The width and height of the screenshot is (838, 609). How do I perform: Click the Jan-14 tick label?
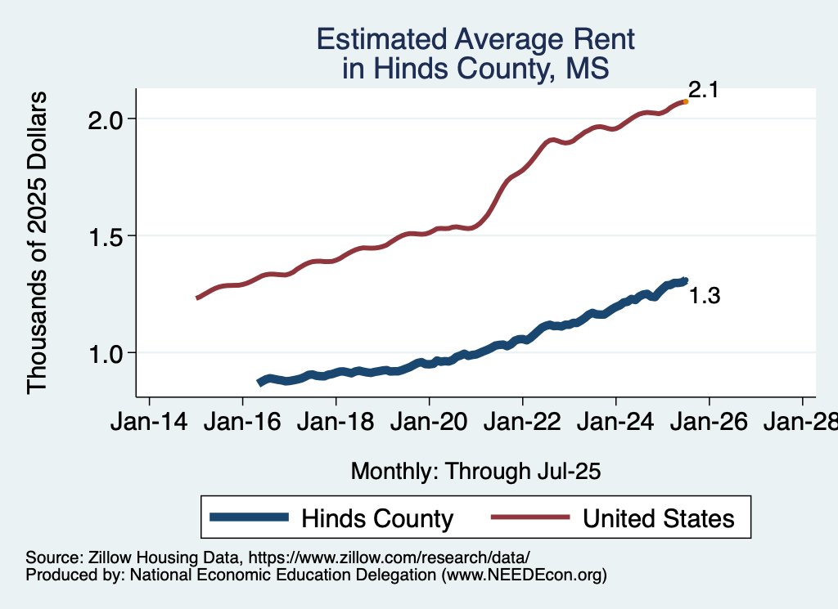tap(148, 423)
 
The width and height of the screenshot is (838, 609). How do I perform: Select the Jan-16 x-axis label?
tap(241, 423)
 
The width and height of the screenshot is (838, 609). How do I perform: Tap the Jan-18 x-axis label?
tap(335, 423)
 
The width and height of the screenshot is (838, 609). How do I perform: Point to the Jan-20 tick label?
tap(428, 423)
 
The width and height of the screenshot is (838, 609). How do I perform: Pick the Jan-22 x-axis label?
tap(521, 423)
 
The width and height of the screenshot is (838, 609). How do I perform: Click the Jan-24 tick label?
tap(615, 423)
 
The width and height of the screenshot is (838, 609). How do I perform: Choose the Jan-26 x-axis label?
tap(708, 423)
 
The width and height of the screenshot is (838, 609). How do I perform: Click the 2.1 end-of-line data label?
tap(702, 90)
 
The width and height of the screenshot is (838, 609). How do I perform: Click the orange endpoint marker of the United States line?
tap(685, 101)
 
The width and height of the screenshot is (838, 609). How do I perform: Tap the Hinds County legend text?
tap(376, 518)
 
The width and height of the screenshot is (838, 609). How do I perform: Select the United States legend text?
tap(658, 518)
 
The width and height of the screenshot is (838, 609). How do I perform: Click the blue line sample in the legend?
tap(249, 517)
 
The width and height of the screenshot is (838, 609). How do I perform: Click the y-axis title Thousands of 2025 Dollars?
tap(38, 242)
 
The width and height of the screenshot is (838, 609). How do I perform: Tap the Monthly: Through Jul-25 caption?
tap(475, 471)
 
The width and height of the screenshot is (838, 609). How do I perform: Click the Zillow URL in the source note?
tap(390, 558)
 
